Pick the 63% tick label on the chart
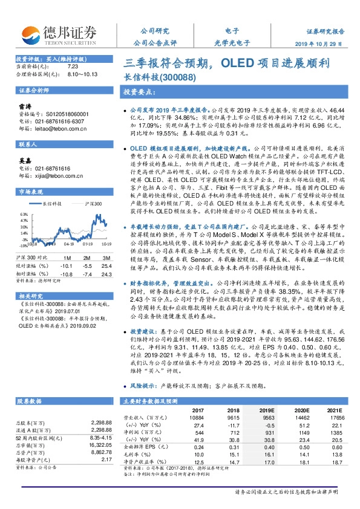(x=24, y=214)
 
